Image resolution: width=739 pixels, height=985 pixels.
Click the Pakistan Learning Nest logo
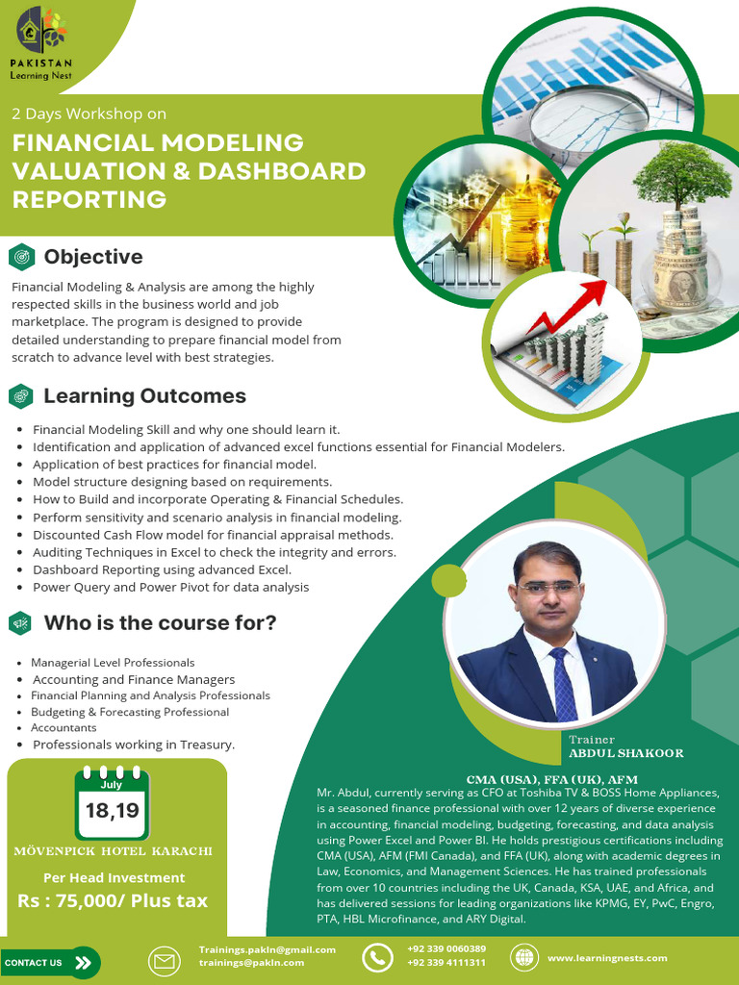(x=41, y=44)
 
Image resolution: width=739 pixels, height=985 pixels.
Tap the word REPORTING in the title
(x=89, y=199)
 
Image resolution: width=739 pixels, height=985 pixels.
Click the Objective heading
(x=93, y=256)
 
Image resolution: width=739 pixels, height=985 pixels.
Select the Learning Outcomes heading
(x=144, y=395)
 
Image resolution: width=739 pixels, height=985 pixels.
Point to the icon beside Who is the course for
(x=21, y=622)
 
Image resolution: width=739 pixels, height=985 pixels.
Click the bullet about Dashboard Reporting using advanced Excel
(x=162, y=569)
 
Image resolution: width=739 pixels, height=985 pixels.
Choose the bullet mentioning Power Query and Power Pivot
(x=171, y=588)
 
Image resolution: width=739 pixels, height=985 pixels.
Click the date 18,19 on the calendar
(x=112, y=810)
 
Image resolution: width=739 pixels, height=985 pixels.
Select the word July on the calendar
(x=112, y=785)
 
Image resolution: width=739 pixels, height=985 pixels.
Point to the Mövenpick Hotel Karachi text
(x=114, y=851)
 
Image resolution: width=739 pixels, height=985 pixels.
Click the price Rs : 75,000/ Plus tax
(x=113, y=900)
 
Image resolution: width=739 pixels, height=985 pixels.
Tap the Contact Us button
(x=50, y=962)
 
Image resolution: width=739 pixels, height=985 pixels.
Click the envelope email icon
(x=164, y=962)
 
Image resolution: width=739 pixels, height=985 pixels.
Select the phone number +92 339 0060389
(x=446, y=948)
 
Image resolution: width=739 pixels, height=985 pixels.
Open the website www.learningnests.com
(x=607, y=958)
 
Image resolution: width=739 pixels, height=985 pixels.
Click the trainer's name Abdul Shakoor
(x=625, y=753)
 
